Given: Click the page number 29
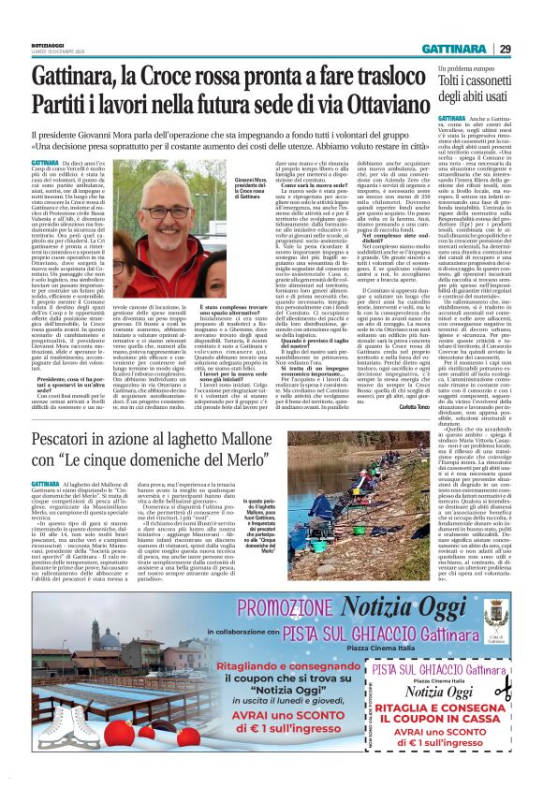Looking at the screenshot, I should [x=530, y=49].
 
